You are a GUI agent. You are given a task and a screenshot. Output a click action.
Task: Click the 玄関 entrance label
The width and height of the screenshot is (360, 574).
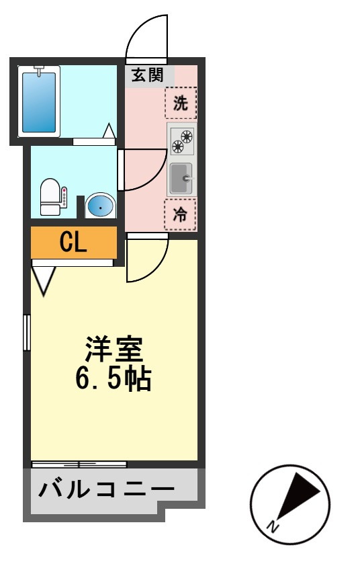pyautogui.click(x=147, y=75)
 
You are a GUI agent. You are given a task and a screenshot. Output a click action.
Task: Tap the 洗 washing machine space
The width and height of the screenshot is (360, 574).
pyautogui.click(x=181, y=103)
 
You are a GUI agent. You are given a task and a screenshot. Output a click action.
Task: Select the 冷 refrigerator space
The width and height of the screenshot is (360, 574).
pyautogui.click(x=179, y=214)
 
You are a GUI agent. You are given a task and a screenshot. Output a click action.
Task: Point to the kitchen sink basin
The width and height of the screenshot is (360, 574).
pyautogui.click(x=181, y=178)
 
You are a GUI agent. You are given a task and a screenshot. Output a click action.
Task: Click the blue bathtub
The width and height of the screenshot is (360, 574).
pyautogui.click(x=39, y=102)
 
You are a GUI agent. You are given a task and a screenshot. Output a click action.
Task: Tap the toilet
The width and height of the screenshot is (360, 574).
pyautogui.click(x=50, y=196)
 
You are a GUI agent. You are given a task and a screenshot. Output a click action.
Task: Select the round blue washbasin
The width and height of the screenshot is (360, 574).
pyautogui.click(x=100, y=206)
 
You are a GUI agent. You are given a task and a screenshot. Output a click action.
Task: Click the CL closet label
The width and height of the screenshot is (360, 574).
pyautogui.click(x=73, y=242)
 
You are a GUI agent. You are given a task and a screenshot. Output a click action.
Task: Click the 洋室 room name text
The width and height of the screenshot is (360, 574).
pyautogui.click(x=114, y=350)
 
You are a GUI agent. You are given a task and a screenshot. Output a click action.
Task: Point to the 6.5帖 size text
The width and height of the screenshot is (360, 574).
pyautogui.click(x=114, y=378)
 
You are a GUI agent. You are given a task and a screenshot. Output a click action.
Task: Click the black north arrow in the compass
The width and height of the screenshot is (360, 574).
pyautogui.click(x=297, y=496)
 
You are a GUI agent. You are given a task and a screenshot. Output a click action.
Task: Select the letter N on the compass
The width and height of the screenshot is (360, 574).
pyautogui.click(x=273, y=526)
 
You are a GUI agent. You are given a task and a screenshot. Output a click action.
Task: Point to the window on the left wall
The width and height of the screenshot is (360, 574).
pyautogui.click(x=26, y=333)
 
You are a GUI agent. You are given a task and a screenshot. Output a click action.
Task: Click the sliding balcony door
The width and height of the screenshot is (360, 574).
pyautogui.click(x=79, y=464)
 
